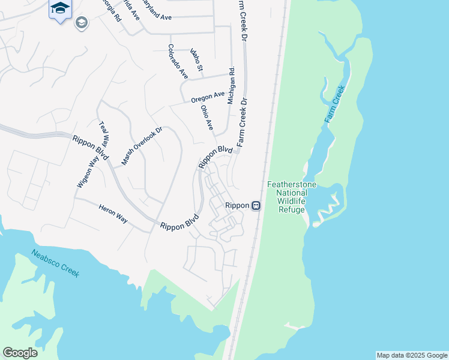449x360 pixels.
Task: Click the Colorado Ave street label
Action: (178, 62)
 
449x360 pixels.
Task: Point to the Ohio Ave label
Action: (207, 118)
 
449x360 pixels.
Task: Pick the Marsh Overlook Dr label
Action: (142, 146)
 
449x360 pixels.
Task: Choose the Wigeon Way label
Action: (87, 172)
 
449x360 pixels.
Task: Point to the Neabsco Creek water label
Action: (55, 263)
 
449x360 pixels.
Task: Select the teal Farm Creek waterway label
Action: (335, 104)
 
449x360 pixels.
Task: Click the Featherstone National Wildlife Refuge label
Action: (292, 197)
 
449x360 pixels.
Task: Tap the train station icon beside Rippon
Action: (256, 206)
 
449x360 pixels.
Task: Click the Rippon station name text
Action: (237, 206)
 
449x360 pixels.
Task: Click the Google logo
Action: (20, 353)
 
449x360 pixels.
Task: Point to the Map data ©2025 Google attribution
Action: (412, 355)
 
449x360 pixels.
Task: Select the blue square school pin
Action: (60, 8)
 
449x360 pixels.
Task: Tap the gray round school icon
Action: (81, 23)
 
